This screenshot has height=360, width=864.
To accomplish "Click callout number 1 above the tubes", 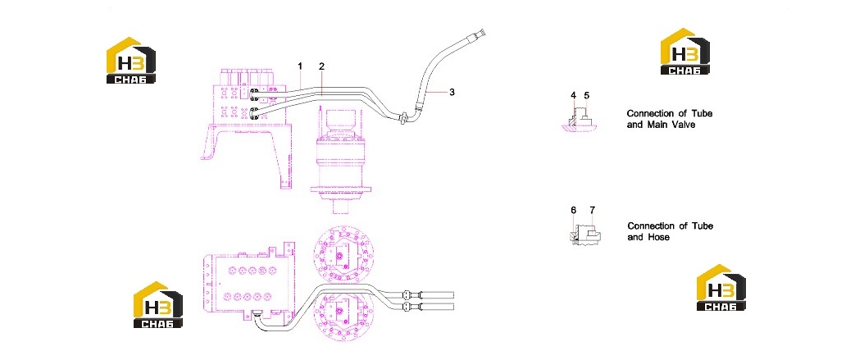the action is coord(300,66).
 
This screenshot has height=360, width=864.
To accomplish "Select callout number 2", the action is coord(322,66).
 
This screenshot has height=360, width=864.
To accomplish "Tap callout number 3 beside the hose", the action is coord(452,92).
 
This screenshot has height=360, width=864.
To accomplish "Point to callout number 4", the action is coord(573,95).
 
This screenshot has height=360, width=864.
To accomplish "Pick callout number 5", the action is coord(586,95).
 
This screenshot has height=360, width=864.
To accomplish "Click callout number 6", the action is coord(573,210).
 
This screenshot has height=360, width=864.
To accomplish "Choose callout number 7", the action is coord(593,210).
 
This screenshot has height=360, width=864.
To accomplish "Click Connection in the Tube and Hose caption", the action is coord(651,226).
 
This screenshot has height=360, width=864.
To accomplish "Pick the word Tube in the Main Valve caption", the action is coord(703,113).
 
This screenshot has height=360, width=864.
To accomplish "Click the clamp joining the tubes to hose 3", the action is coord(404,116).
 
